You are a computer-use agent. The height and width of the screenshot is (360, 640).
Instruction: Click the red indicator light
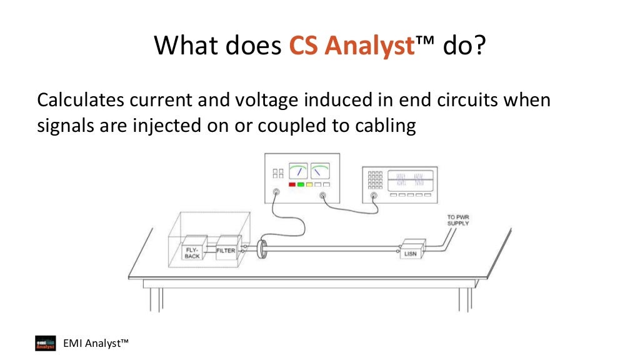[x=291, y=185]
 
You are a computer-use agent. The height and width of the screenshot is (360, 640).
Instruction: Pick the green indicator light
[x=301, y=185]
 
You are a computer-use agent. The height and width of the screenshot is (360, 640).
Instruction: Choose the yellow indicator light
[x=309, y=185]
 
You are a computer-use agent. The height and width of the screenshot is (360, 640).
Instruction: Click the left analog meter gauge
[x=298, y=171]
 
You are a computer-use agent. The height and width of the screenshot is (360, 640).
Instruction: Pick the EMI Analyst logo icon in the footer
[x=45, y=344]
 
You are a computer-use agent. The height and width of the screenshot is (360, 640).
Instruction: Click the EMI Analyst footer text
[x=96, y=343]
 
